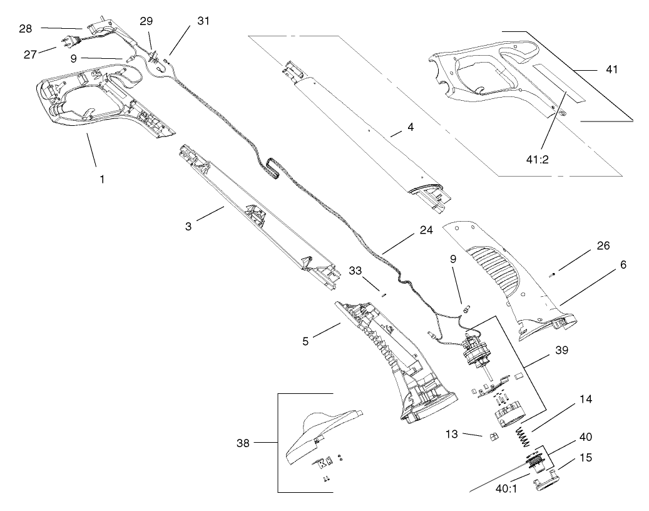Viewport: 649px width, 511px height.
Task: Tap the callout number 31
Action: [203, 21]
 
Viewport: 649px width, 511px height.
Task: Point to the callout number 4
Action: [411, 126]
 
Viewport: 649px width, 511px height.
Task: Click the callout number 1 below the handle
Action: [101, 178]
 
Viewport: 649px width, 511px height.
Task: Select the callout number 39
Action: [561, 350]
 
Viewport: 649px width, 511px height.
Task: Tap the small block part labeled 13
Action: [492, 436]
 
